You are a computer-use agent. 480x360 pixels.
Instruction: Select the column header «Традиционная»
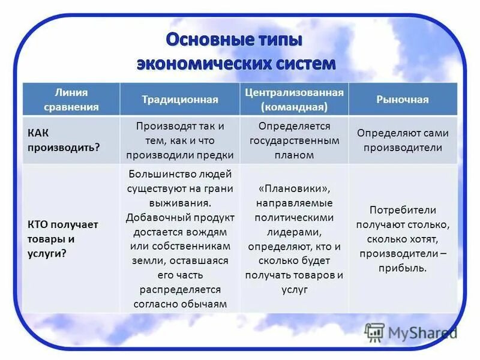(x=180, y=100)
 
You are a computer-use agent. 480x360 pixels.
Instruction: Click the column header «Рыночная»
(x=402, y=100)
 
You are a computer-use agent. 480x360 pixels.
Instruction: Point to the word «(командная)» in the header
(x=294, y=107)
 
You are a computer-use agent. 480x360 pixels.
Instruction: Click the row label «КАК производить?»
(x=63, y=140)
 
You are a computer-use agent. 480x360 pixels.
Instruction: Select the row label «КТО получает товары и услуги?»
(x=62, y=239)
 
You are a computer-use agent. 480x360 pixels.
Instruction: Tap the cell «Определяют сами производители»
(x=403, y=140)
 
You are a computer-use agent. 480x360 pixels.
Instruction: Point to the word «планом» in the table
(x=294, y=155)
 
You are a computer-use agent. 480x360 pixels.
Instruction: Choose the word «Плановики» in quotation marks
(x=294, y=188)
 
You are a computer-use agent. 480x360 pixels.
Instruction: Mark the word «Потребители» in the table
(x=403, y=210)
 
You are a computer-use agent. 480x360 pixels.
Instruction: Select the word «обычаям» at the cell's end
(x=205, y=304)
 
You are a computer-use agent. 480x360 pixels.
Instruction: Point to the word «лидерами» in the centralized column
(x=294, y=232)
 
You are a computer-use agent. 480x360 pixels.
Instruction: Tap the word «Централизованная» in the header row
(x=294, y=92)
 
